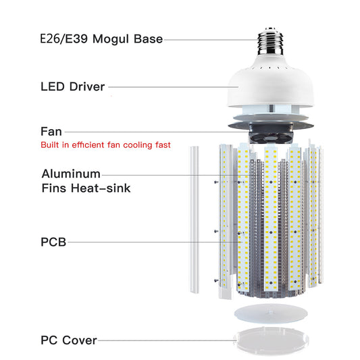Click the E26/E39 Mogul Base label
pos(101,39)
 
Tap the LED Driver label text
pos(72,86)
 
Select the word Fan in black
pos(51,131)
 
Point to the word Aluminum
pos(71,174)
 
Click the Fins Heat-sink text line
pos(86,188)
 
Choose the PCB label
pos(53,241)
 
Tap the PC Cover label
pos(69,340)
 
